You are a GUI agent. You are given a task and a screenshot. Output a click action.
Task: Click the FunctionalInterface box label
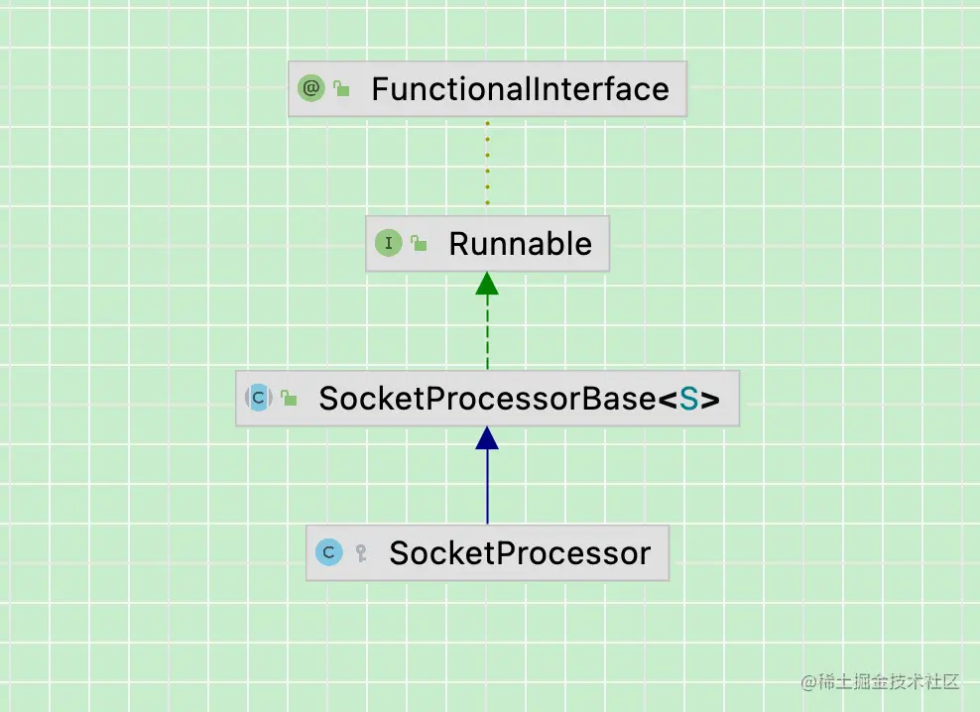(x=520, y=89)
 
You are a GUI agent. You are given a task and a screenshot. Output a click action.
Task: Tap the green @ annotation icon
(x=310, y=88)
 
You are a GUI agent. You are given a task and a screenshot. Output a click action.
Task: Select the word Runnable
(x=520, y=244)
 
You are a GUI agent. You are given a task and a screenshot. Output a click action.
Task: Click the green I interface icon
(x=388, y=243)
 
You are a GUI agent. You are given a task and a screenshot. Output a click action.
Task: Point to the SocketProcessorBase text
(x=487, y=399)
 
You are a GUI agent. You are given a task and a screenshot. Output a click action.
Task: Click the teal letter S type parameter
(x=688, y=399)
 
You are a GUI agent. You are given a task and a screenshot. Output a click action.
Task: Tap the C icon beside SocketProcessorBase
(x=259, y=398)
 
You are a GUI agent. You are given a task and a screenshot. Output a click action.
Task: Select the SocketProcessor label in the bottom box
(x=520, y=553)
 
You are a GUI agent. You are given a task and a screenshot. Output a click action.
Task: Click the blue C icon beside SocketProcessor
(x=328, y=552)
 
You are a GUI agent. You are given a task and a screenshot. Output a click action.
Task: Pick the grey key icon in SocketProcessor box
(x=361, y=552)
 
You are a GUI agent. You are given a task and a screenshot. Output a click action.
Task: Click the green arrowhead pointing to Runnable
(x=487, y=284)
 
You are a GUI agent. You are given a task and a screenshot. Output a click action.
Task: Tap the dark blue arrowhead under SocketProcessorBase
(x=487, y=438)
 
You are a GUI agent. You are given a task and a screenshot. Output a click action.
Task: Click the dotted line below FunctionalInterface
(x=487, y=163)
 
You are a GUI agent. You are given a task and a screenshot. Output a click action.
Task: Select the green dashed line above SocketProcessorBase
(x=487, y=332)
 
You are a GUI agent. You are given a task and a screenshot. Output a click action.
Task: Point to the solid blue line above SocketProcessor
(x=487, y=487)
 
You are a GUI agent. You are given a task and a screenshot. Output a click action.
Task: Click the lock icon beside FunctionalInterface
(x=341, y=88)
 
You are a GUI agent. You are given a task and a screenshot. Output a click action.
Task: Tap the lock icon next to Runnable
(x=419, y=243)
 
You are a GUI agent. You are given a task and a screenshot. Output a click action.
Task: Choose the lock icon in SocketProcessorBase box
(x=289, y=398)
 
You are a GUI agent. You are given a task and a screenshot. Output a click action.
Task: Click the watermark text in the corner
(x=880, y=682)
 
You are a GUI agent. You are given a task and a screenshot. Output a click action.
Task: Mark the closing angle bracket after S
(x=710, y=399)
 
